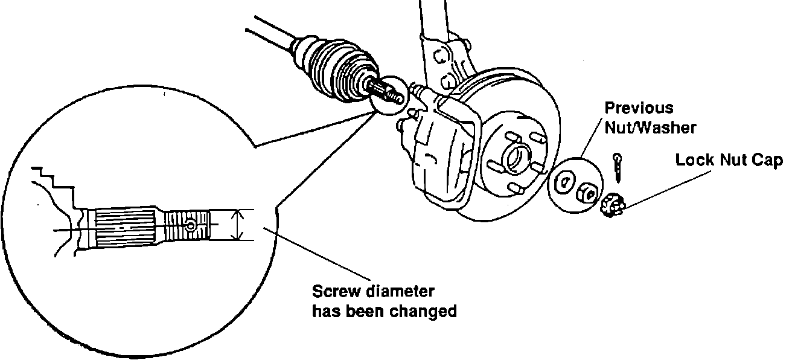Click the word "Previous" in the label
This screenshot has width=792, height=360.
point(639,109)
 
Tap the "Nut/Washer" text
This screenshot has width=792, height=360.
point(650,128)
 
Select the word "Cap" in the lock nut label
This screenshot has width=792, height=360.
point(768,161)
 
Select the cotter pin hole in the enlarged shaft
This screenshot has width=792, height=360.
point(191,225)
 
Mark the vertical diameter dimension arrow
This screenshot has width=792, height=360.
point(239,225)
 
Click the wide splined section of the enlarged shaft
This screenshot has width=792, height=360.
point(124,228)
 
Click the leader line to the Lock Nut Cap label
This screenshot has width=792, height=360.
point(652,187)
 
